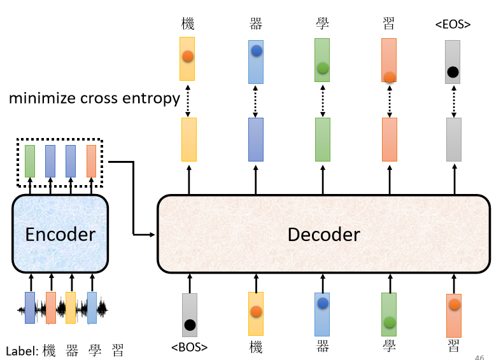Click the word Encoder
click(60, 235)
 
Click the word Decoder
click(324, 235)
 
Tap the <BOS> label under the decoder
click(189, 347)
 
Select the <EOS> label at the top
click(453, 24)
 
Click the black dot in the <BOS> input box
click(190, 325)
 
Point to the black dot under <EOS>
click(453, 72)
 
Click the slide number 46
click(479, 357)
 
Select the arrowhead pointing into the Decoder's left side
click(153, 235)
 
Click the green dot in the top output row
click(323, 67)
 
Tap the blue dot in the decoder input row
click(323, 303)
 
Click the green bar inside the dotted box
click(30, 161)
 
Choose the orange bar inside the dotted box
click(92, 161)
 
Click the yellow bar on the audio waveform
click(71, 308)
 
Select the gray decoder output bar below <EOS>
click(454, 139)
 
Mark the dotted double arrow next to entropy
click(188, 100)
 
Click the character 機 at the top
click(188, 24)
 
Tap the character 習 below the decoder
click(453, 346)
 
